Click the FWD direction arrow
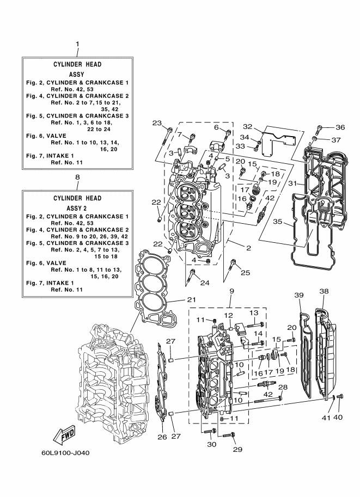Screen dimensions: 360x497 click(64, 434)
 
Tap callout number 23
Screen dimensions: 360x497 click(157, 122)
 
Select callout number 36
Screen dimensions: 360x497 click(340, 127)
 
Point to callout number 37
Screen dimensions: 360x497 click(336, 140)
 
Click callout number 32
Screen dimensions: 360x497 click(247, 126)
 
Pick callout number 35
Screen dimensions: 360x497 click(278, 221)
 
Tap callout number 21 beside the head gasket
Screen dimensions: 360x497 click(191, 299)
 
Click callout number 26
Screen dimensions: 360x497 click(162, 437)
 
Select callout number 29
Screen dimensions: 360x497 click(237, 449)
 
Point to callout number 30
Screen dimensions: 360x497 click(211, 444)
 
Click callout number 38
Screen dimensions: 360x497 click(324, 291)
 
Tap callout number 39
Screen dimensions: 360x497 click(299, 295)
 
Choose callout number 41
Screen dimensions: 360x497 click(326, 418)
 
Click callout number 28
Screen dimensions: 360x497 click(283, 387)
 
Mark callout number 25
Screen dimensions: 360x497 click(245, 272)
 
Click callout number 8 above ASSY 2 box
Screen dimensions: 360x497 click(77, 177)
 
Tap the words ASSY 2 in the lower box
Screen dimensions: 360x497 click(76, 208)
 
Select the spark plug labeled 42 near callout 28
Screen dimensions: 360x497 click(266, 385)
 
